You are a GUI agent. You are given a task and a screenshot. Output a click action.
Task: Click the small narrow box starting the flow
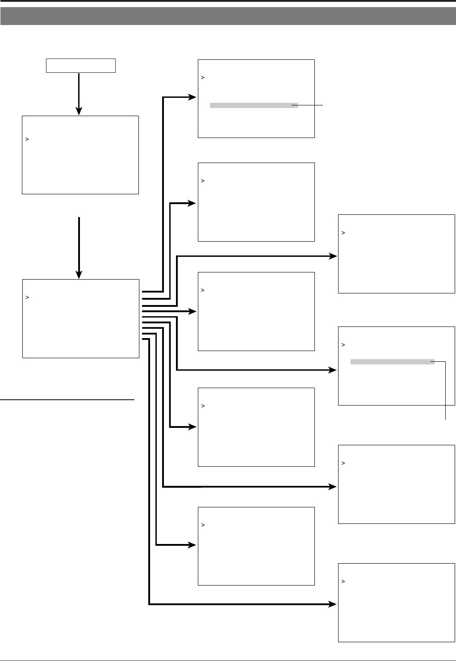tap(81, 66)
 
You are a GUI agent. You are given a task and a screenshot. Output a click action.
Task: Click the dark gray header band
tap(228, 16)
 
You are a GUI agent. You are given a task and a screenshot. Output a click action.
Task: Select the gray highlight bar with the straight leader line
tap(254, 105)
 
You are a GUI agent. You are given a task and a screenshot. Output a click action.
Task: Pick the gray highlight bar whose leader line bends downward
tap(392, 362)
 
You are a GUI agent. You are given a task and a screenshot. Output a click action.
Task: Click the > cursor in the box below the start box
tap(27, 139)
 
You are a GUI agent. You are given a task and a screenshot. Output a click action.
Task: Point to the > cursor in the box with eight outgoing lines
tap(27, 297)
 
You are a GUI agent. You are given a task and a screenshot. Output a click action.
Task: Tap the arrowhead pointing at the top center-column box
tap(192, 97)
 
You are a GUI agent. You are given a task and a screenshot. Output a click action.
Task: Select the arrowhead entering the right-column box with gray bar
tap(333, 370)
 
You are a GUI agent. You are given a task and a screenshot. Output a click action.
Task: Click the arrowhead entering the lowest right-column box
tap(333, 604)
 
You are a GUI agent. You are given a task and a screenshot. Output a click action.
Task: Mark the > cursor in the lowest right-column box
tap(343, 582)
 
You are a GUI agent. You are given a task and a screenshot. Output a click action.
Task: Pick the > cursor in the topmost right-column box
tap(343, 233)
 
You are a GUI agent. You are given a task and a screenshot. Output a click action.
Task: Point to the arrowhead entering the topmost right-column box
tap(333, 256)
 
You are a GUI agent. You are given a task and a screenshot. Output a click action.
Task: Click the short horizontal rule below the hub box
tap(67, 400)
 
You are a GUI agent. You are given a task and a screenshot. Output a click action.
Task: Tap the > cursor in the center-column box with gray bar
tap(203, 78)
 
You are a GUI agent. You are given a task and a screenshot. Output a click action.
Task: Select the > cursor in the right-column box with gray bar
tap(343, 345)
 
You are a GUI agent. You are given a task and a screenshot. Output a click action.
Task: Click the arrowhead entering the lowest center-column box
tap(192, 545)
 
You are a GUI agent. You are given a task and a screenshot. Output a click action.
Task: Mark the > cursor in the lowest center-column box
tap(203, 525)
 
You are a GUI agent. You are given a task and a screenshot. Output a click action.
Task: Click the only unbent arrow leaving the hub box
tap(170, 311)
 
